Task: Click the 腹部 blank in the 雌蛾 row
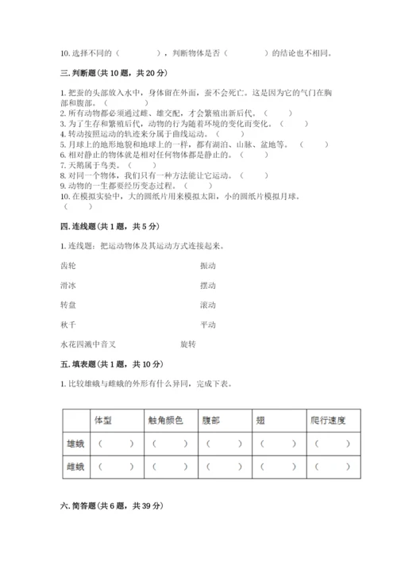pyautogui.click(x=224, y=467)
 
